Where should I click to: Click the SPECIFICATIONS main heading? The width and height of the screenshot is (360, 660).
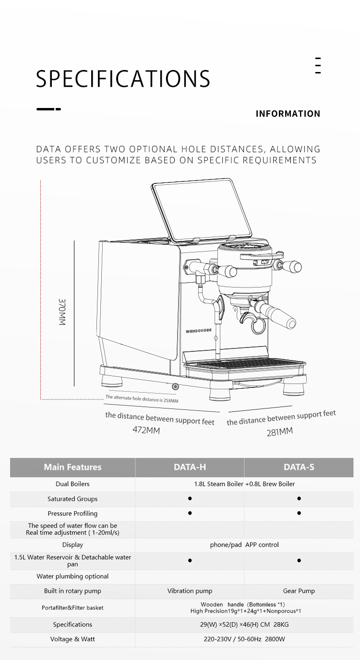[x=123, y=79]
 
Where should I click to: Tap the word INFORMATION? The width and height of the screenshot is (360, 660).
[x=288, y=114]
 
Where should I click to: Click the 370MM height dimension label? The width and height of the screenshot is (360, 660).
[x=62, y=312]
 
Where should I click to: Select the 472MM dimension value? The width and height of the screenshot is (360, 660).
[x=146, y=430]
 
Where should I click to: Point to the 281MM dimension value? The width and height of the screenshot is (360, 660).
[x=279, y=432]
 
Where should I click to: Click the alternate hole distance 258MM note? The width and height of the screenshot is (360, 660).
[x=142, y=399]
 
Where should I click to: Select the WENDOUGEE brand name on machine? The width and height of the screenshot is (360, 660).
[x=198, y=331]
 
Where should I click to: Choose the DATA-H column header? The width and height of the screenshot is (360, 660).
[x=190, y=467]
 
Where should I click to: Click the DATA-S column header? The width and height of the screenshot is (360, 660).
[x=299, y=467]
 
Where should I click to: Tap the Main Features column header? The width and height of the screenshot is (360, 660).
[x=72, y=467]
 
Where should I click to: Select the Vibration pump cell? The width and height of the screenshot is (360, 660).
[x=190, y=591]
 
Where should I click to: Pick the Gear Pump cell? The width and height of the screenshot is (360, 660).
[x=299, y=591]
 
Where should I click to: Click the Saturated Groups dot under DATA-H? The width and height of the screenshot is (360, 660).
[x=190, y=499]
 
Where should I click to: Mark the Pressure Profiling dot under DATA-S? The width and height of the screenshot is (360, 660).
[x=299, y=513]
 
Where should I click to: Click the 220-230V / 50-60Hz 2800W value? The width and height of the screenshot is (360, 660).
[x=244, y=639]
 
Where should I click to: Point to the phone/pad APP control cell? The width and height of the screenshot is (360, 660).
[x=244, y=545]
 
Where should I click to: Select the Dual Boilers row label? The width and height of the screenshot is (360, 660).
[x=72, y=484]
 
